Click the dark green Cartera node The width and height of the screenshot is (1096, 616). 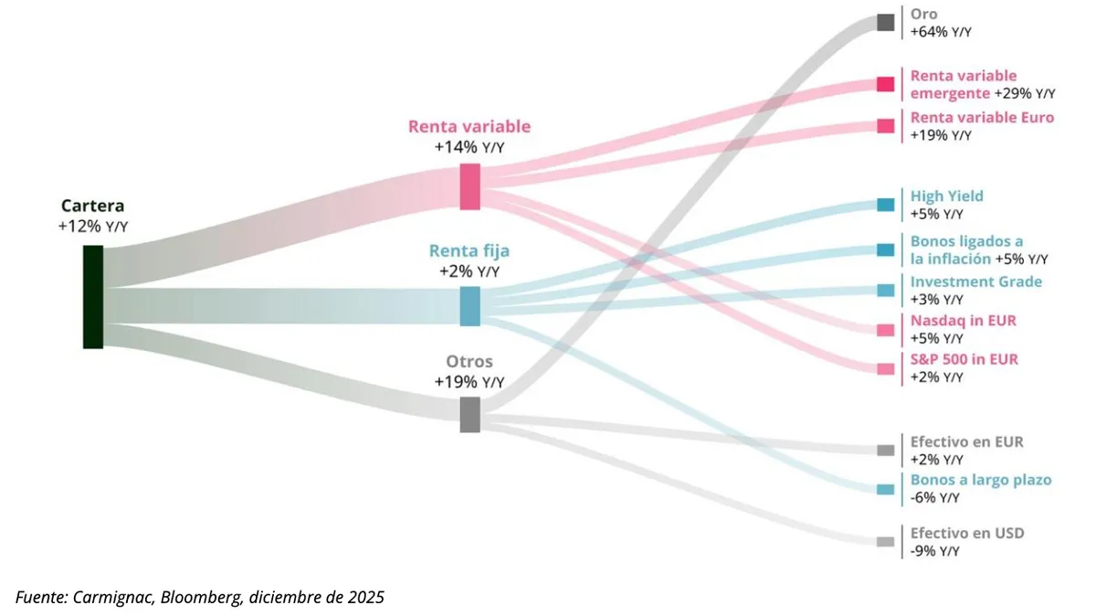[93, 297]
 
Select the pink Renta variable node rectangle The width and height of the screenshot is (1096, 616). [469, 186]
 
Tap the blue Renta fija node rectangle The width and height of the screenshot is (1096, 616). [469, 306]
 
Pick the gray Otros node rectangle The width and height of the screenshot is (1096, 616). [469, 414]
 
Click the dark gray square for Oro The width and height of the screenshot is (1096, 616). [885, 23]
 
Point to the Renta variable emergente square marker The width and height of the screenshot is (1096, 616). [885, 84]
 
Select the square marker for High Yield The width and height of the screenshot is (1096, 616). [885, 205]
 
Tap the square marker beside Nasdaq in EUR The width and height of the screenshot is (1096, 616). [885, 330]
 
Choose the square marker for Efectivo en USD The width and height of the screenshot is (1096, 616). [885, 542]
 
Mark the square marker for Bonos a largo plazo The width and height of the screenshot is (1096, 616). [885, 489]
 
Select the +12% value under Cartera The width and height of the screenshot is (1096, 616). [79, 226]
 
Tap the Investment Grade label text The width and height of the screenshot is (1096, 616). [975, 281]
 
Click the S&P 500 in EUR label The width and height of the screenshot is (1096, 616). [964, 359]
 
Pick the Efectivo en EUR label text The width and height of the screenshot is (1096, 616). [966, 441]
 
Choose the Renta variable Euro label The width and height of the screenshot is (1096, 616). [982, 117]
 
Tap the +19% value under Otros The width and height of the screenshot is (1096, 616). [457, 381]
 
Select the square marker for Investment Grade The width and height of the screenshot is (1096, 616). [885, 291]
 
